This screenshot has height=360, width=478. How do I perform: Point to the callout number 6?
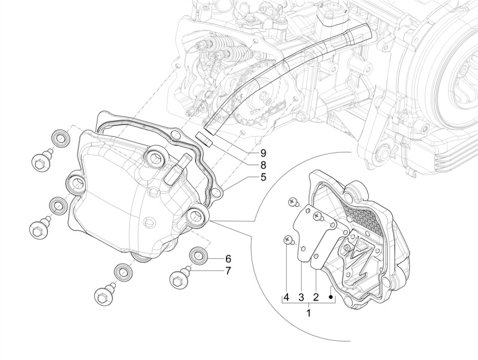point(228,259)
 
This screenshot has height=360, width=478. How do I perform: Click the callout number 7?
point(228,272)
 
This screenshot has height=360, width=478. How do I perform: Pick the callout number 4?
point(287,297)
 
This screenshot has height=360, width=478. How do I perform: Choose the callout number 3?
point(302,297)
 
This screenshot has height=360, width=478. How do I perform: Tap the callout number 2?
point(316,297)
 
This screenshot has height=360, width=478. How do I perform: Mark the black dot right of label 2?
point(330,297)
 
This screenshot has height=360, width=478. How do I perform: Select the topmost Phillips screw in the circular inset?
point(294,202)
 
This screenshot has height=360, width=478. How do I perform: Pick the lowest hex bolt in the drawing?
point(102,295)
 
